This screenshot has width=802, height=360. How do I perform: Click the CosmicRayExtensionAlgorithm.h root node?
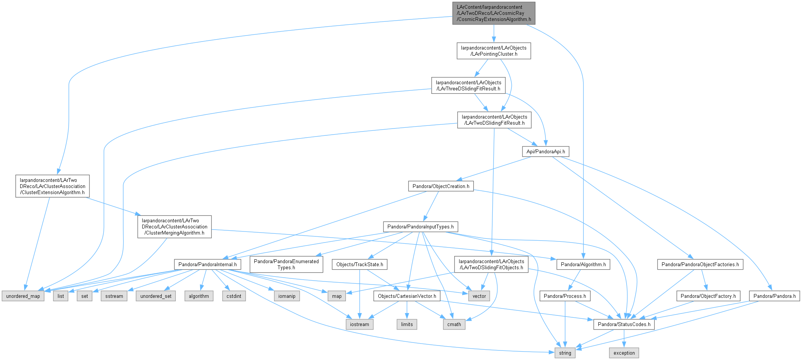tap(494, 13)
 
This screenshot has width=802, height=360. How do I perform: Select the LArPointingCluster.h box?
tap(494, 51)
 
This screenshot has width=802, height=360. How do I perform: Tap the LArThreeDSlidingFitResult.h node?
tap(469, 85)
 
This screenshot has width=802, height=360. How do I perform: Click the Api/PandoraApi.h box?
tap(546, 151)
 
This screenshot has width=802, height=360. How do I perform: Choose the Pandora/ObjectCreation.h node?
tap(441, 186)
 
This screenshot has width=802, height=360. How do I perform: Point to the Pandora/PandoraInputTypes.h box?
tap(421, 227)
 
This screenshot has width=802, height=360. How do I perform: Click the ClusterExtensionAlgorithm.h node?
tap(53, 186)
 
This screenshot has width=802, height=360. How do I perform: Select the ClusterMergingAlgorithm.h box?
tap(175, 227)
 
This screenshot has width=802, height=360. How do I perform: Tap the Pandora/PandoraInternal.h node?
tap(207, 264)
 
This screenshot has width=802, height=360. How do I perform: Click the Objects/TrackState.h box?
tap(360, 264)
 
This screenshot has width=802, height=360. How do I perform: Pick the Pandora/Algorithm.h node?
tap(583, 264)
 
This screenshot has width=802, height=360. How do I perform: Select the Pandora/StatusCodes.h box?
tap(624, 324)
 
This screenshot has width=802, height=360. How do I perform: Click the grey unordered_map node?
tap(23, 296)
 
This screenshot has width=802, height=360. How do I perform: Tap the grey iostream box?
tap(360, 324)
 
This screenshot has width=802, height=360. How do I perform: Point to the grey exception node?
tap(624, 353)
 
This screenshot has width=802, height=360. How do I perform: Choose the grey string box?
tap(565, 353)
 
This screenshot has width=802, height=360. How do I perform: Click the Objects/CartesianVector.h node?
tap(407, 296)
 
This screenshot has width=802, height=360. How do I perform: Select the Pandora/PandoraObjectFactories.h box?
tap(700, 264)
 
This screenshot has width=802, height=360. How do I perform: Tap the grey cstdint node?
tap(234, 296)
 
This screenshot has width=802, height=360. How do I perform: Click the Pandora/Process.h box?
tap(565, 296)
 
